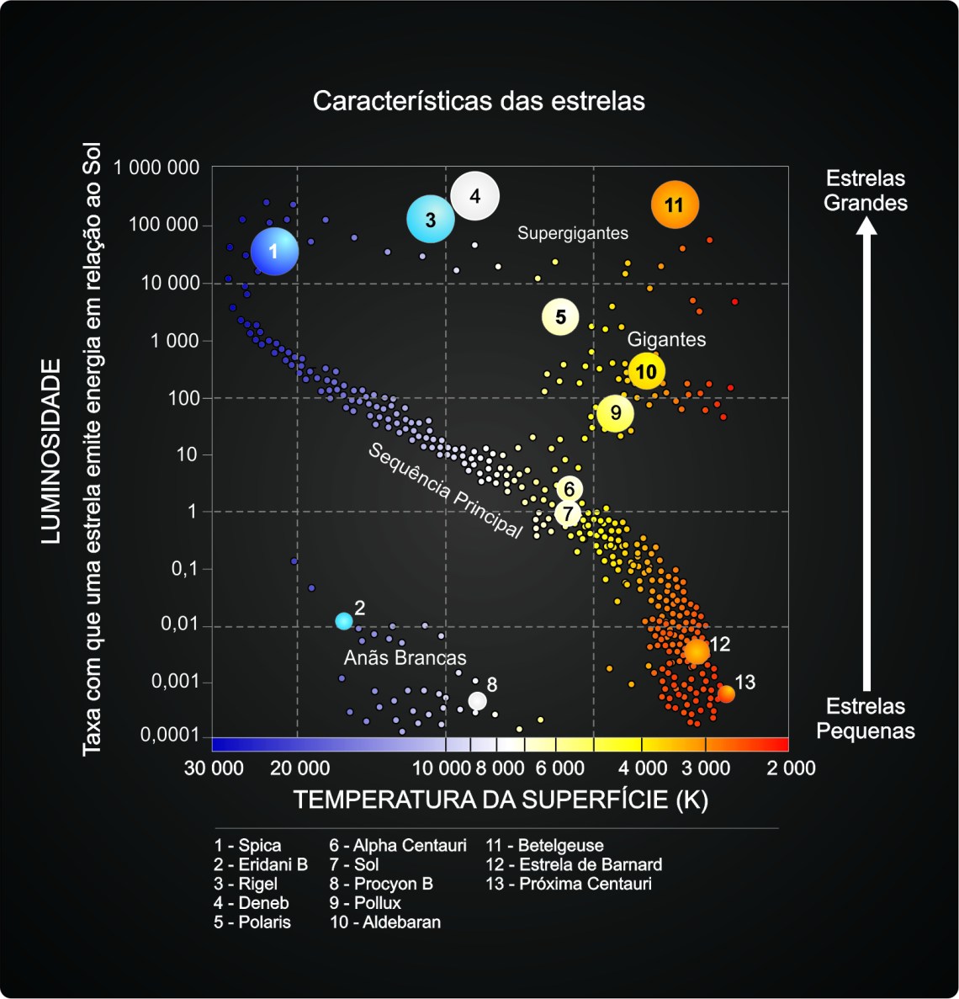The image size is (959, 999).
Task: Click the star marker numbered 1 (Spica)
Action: click(x=274, y=251)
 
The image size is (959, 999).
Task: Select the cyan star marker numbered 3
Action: click(x=431, y=220)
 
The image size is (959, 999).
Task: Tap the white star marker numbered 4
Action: click(x=475, y=196)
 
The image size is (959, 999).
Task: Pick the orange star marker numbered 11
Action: click(x=675, y=205)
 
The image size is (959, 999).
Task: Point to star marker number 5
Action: click(x=560, y=317)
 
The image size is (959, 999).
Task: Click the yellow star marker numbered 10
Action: click(x=646, y=371)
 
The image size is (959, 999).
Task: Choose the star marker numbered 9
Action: click(x=616, y=412)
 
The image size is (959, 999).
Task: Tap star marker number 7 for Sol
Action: click(x=569, y=513)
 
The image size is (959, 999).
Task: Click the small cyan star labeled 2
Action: click(x=343, y=621)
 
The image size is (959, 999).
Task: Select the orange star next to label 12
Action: click(x=696, y=651)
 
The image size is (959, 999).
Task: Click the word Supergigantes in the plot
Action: click(x=572, y=233)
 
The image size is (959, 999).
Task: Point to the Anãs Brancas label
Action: click(x=405, y=657)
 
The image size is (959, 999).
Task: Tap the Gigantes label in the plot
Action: click(x=666, y=339)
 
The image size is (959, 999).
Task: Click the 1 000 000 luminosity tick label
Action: click(x=156, y=167)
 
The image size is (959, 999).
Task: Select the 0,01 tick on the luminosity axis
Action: click(x=180, y=624)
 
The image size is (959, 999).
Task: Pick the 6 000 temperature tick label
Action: click(x=559, y=768)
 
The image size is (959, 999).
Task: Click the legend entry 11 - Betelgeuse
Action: click(x=544, y=846)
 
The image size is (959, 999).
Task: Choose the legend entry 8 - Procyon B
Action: click(x=380, y=884)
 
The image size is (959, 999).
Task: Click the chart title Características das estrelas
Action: click(x=479, y=101)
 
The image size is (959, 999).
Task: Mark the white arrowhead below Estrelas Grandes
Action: click(x=866, y=226)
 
